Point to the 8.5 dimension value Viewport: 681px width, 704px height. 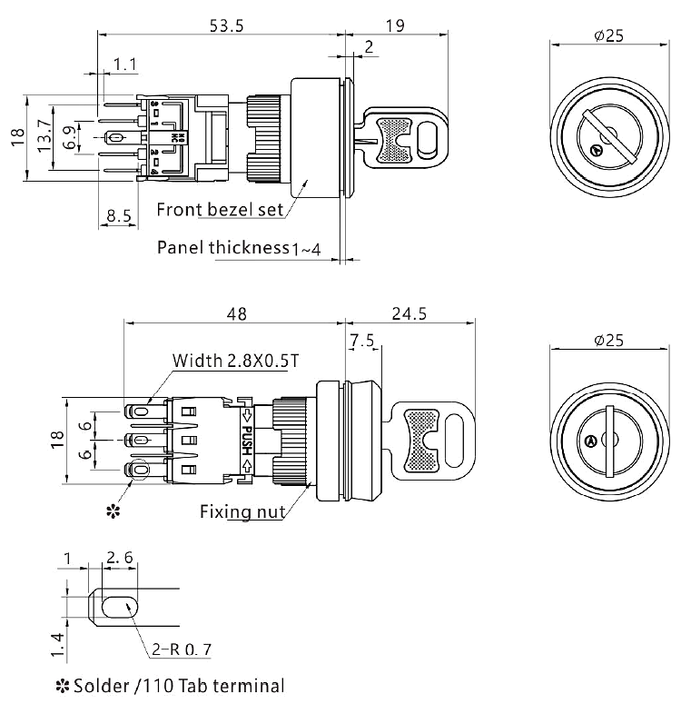(x=119, y=217)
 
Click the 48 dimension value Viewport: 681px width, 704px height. (x=235, y=314)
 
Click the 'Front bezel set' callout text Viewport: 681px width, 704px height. (x=218, y=210)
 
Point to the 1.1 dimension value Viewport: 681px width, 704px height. (x=124, y=65)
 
